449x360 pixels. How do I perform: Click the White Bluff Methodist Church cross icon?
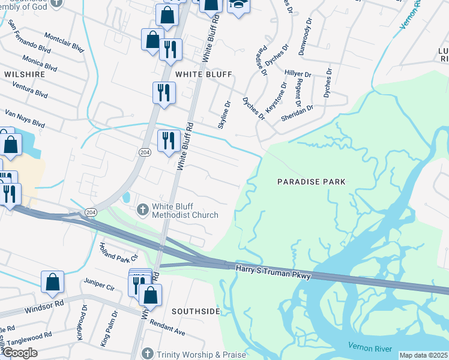click(x=143, y=209)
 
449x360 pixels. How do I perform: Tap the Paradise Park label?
click(x=312, y=181)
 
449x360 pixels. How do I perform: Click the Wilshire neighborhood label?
click(x=25, y=74)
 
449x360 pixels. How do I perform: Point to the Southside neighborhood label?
click(x=196, y=311)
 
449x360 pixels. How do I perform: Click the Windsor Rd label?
click(x=44, y=307)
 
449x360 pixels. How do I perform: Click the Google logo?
click(x=20, y=353)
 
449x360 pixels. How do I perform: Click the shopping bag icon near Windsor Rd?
click(x=52, y=281)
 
